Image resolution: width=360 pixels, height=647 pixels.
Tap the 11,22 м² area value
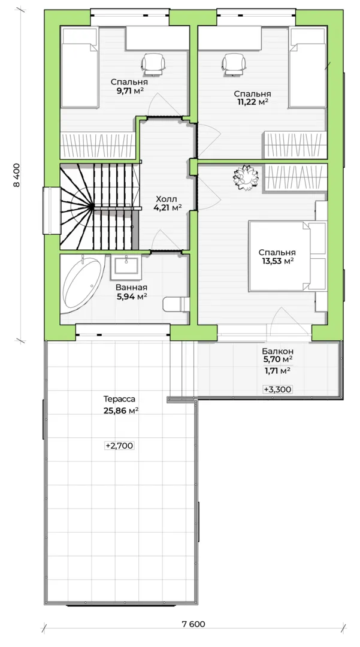(x=252, y=102)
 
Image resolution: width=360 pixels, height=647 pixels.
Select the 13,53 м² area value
(x=277, y=261)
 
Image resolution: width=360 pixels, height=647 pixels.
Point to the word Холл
(x=168, y=199)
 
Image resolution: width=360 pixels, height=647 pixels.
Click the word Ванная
(x=132, y=288)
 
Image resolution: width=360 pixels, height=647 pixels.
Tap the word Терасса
(x=119, y=400)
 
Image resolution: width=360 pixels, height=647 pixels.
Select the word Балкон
(x=278, y=352)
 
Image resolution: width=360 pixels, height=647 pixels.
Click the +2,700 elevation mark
(x=120, y=446)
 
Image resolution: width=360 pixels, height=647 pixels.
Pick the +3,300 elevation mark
(x=278, y=389)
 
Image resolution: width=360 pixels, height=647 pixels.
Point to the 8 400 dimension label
(x=17, y=176)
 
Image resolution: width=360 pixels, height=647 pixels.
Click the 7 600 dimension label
(x=193, y=624)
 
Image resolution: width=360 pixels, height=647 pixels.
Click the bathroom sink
(x=126, y=265)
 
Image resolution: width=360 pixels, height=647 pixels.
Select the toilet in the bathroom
(x=176, y=304)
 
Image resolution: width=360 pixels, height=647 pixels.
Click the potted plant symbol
(x=246, y=177)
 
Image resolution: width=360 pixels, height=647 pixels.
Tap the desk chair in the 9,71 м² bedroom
(x=153, y=64)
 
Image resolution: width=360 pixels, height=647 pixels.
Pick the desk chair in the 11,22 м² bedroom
(x=234, y=64)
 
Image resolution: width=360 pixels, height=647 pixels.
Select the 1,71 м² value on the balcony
(x=277, y=371)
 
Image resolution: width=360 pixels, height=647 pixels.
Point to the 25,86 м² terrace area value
(x=121, y=411)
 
